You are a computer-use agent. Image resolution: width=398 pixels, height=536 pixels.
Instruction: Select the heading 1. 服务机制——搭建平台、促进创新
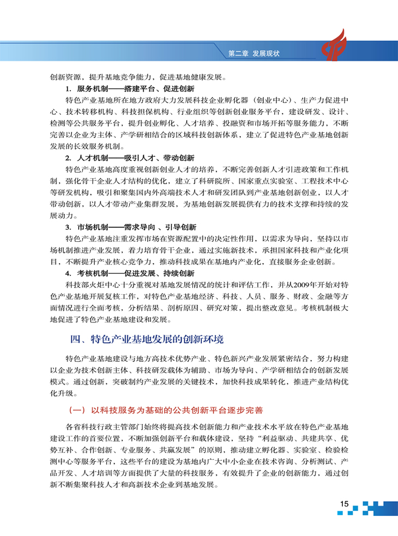(x=130, y=89)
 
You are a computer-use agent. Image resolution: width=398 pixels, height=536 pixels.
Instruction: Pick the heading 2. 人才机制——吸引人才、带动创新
(x=130, y=157)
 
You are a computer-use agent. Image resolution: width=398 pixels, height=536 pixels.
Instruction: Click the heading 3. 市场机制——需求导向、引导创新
(x=130, y=227)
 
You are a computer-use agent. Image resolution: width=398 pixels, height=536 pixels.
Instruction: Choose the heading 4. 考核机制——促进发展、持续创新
(x=130, y=273)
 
